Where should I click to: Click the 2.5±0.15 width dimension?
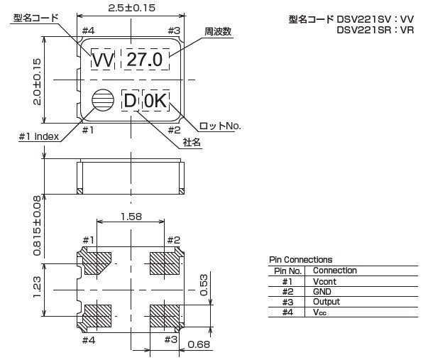tap(131, 8)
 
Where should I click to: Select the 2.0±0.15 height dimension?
tap(37, 82)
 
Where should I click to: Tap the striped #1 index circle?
tap(103, 100)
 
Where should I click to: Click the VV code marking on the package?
tap(103, 60)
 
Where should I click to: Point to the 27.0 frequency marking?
tap(145, 60)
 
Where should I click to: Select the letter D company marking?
tap(130, 100)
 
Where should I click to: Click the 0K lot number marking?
tap(155, 100)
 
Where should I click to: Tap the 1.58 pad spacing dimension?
tap(131, 217)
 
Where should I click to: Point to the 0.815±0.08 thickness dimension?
tap(37, 226)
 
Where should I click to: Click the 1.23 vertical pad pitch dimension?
tap(37, 287)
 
